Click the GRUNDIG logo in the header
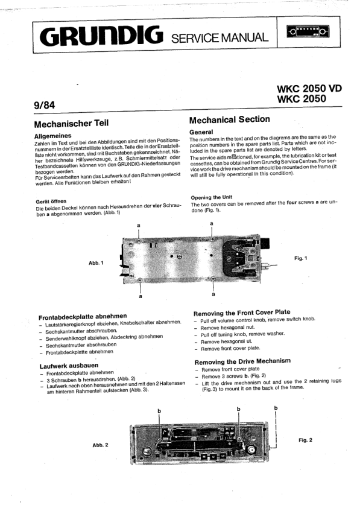tap(101, 36)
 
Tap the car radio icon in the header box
tap(308, 31)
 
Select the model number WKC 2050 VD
tap(309, 88)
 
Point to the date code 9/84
tap(45, 105)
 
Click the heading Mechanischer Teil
tap(71, 124)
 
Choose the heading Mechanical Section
tap(230, 120)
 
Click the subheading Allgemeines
tap(53, 136)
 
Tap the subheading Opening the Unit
tap(211, 197)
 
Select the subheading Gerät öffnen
tap(51, 202)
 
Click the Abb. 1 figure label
tap(96, 263)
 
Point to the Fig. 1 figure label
tap(301, 258)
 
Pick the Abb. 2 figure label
tap(100, 445)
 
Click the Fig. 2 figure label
tap(305, 440)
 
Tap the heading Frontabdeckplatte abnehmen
tap(83, 317)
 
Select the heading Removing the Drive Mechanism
tap(242, 361)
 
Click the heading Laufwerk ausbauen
tap(69, 366)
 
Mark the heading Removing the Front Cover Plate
tap(242, 313)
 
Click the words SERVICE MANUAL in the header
tap(220, 38)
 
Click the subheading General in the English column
tap(201, 132)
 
